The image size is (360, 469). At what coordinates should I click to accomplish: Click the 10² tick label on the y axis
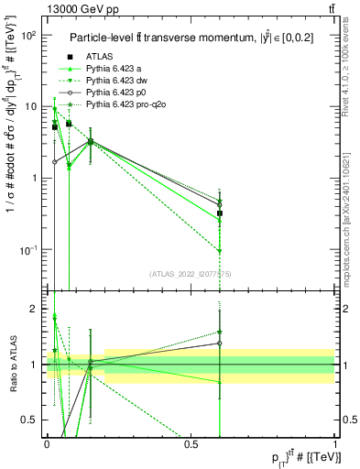pos(27,35)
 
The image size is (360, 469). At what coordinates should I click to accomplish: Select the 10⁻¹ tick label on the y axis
pos(27,249)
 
